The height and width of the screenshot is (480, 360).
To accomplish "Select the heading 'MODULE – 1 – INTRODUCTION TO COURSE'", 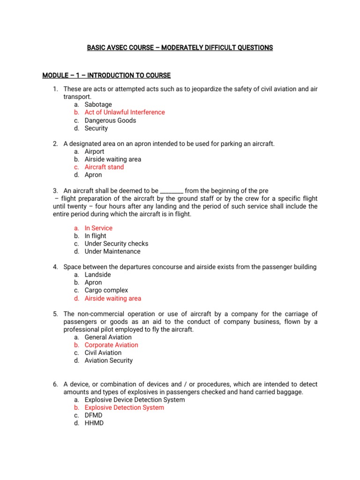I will pyautogui.click(x=106, y=75).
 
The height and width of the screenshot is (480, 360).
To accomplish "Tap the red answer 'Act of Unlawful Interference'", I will pyautogui.click(x=125, y=112).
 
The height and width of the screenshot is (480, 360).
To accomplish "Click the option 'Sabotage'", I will pyautogui.click(x=98, y=105).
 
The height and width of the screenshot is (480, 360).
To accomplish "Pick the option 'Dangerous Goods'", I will pyautogui.click(x=110, y=120).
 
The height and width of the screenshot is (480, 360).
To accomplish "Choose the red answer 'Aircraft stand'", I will pyautogui.click(x=104, y=167).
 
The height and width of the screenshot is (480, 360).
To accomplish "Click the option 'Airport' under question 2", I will pyautogui.click(x=94, y=151).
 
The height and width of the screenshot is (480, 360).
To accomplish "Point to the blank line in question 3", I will pyautogui.click(x=172, y=191).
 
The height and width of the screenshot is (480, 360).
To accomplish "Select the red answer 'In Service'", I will pyautogui.click(x=98, y=228).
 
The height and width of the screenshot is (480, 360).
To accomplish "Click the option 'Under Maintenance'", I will pyautogui.click(x=112, y=251).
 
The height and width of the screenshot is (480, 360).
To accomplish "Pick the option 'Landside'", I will pyautogui.click(x=97, y=275).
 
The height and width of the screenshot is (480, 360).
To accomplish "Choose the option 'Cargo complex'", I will pyautogui.click(x=106, y=290).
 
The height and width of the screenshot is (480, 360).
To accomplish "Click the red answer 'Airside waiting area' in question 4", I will pyautogui.click(x=112, y=298).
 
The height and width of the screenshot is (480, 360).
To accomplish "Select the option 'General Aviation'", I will pyautogui.click(x=108, y=337).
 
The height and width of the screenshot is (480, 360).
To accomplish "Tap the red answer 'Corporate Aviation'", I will pyautogui.click(x=111, y=345).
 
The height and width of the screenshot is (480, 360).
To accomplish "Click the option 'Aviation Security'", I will pyautogui.click(x=108, y=360).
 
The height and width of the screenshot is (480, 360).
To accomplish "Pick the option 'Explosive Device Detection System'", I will pyautogui.click(x=135, y=400).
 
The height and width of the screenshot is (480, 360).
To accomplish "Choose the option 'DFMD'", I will pyautogui.click(x=93, y=415).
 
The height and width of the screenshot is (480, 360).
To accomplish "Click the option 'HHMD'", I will pyautogui.click(x=94, y=423).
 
